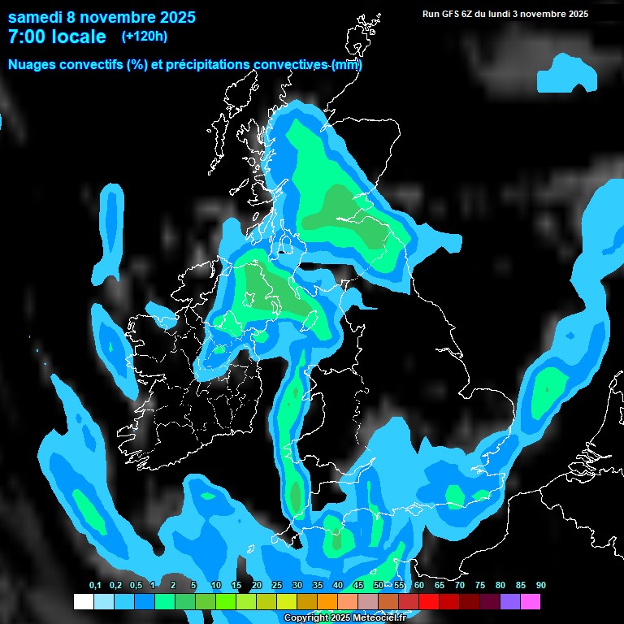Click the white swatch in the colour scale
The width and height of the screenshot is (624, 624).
coord(83,601)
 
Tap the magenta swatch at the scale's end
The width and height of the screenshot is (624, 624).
coord(531,601)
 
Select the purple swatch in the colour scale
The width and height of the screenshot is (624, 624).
coord(510,601)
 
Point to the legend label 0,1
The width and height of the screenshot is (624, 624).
coord(95,586)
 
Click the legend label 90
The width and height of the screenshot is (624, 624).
coord(541,586)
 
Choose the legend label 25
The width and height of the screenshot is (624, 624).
coord(277,586)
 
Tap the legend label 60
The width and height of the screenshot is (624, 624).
coord(419,586)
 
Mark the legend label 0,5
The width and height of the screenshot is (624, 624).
coord(135,586)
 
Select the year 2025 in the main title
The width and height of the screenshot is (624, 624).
coord(173,17)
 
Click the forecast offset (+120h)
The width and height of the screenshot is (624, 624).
coord(145,37)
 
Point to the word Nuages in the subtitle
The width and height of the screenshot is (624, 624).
coord(32,65)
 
